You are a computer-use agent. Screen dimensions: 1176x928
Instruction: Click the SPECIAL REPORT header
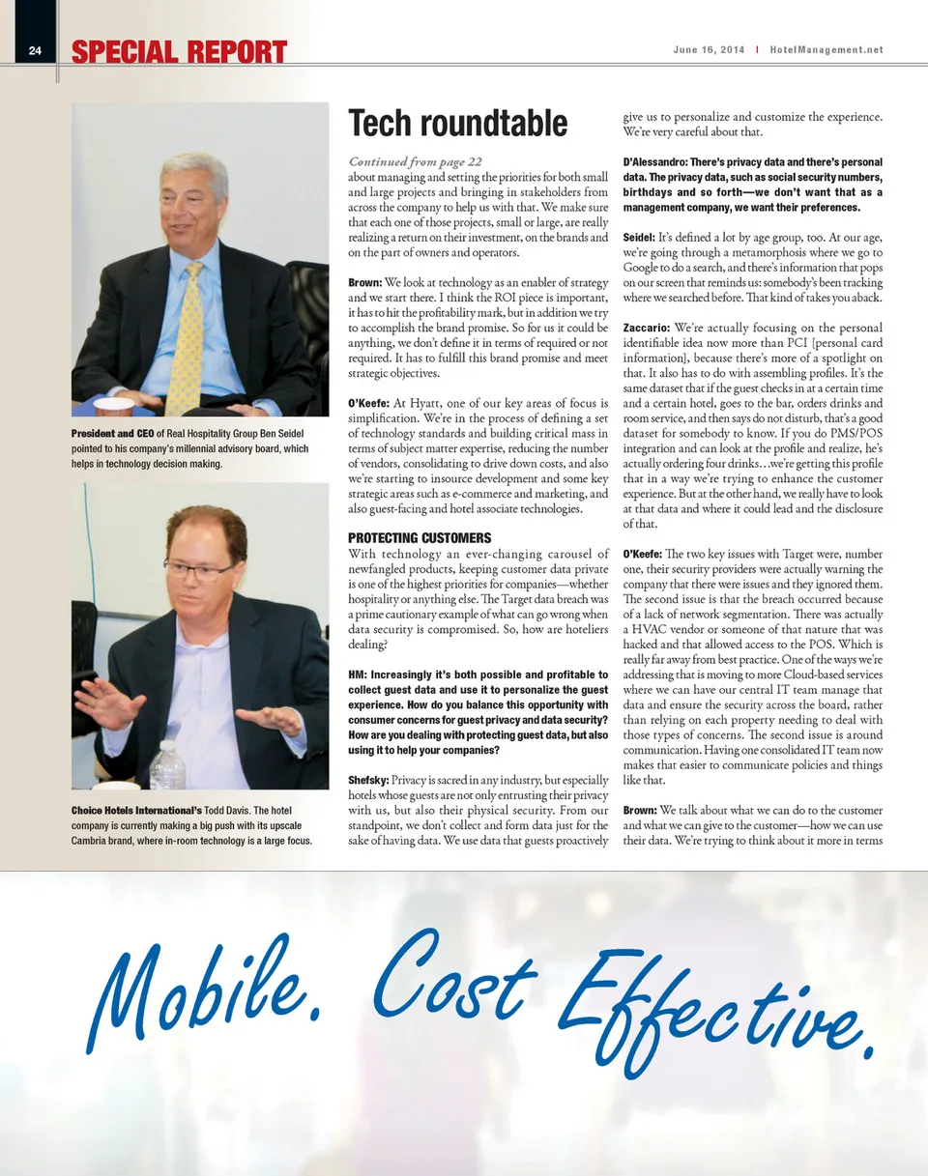click(179, 52)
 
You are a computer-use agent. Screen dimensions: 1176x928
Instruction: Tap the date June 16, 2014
click(710, 50)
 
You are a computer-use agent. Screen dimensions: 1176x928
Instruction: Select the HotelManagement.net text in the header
click(826, 50)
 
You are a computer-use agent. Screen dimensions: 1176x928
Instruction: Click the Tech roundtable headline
click(457, 124)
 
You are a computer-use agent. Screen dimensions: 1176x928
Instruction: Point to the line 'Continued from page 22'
click(415, 161)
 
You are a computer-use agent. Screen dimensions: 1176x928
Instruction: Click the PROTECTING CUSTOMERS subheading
click(420, 537)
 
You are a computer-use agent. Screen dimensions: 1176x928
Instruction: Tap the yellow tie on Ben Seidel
click(186, 338)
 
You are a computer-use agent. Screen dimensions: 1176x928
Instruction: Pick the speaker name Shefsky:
click(368, 780)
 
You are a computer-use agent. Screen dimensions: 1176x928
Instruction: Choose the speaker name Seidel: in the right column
click(639, 237)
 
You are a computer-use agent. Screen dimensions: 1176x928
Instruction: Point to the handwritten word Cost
click(454, 974)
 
